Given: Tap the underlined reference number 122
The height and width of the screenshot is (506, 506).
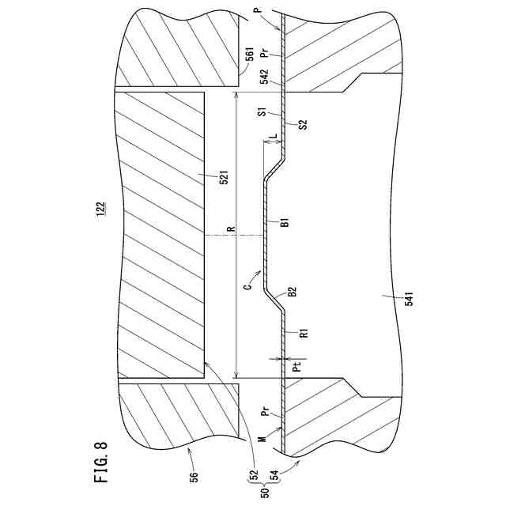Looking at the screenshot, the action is coord(100,209).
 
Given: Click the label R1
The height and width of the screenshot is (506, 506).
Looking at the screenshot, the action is coord(304,333).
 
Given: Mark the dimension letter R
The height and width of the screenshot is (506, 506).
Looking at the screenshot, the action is coord(230,230).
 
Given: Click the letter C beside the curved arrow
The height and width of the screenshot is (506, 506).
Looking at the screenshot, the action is coord(247,288).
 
